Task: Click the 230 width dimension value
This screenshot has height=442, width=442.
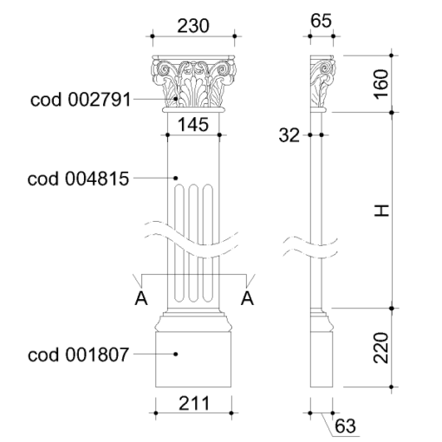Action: [x=193, y=25]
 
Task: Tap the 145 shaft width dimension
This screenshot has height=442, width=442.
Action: [x=193, y=125]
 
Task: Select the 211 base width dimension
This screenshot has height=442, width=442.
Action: [x=194, y=403]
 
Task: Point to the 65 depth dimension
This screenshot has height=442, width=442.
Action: [x=321, y=21]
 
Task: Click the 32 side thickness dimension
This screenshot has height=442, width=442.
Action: [x=289, y=135]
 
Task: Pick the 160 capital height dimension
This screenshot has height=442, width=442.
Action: [x=381, y=84]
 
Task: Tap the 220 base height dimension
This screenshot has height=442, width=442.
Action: [x=380, y=348]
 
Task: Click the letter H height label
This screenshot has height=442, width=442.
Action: [x=381, y=211]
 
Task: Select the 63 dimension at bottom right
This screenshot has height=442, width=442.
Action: [x=345, y=426]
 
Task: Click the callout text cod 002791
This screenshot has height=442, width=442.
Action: [x=81, y=100]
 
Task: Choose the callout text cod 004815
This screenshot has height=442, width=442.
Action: [x=78, y=179]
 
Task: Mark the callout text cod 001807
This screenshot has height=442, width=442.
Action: [x=78, y=354]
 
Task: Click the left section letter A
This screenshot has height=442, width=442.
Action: [x=141, y=298]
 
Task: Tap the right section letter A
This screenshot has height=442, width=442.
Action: [x=247, y=298]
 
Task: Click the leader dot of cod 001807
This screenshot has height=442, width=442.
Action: [x=176, y=354]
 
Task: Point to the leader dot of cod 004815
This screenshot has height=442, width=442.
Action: [x=176, y=178]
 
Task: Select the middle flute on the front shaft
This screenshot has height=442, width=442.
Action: [x=193, y=244]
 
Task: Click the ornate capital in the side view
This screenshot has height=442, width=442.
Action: [x=323, y=83]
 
